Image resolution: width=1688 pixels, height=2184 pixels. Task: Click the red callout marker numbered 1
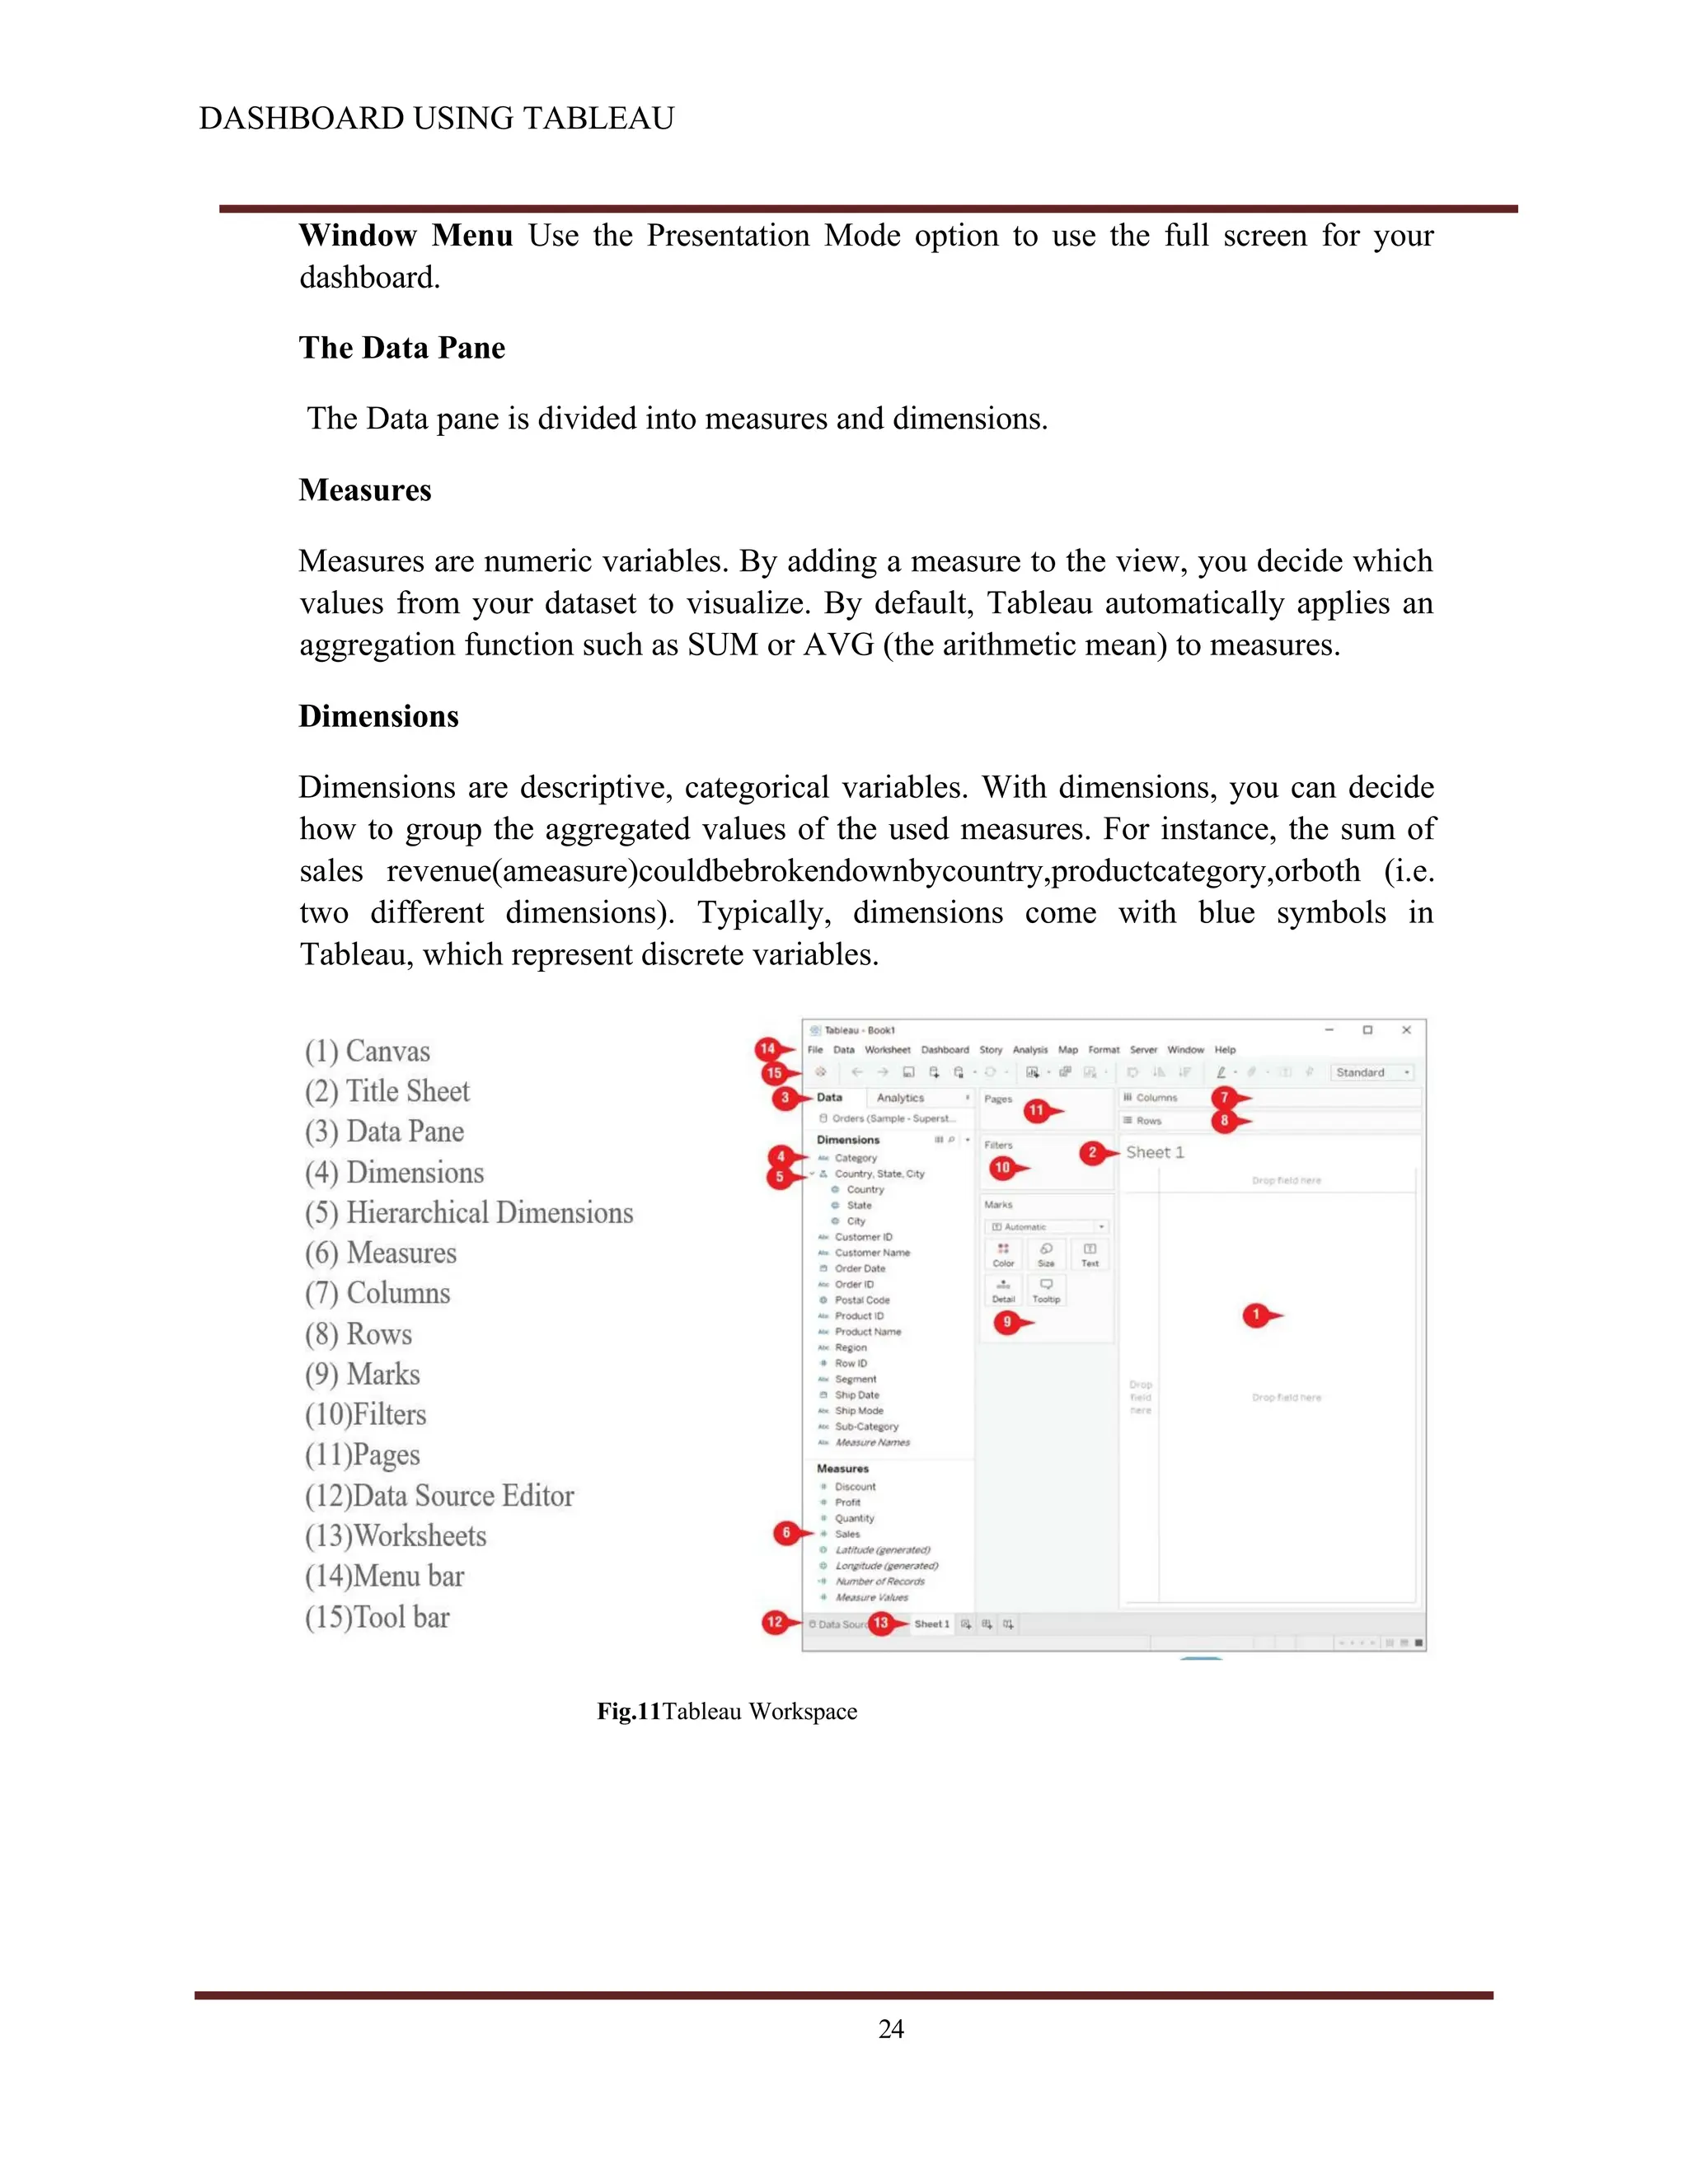click(x=1256, y=1315)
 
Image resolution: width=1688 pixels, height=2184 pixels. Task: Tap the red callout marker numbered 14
click(x=767, y=1049)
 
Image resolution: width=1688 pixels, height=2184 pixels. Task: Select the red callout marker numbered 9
click(x=1007, y=1322)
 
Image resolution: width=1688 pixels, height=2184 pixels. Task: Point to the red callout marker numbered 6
click(x=786, y=1532)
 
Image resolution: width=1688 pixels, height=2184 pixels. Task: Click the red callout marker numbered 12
click(x=775, y=1622)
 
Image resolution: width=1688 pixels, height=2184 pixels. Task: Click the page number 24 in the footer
click(x=891, y=2028)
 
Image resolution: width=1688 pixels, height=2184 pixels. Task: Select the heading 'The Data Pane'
click(x=402, y=348)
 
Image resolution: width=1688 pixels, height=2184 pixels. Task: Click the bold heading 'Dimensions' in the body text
click(x=379, y=716)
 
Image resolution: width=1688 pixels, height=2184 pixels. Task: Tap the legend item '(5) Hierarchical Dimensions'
click(x=469, y=1212)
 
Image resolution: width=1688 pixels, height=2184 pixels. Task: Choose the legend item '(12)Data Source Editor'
click(x=440, y=1495)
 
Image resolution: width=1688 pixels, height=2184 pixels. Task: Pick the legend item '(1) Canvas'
click(x=368, y=1051)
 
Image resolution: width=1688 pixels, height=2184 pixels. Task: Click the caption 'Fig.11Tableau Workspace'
click(x=727, y=1711)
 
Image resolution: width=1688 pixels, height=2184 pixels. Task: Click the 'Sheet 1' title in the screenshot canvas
click(x=1155, y=1152)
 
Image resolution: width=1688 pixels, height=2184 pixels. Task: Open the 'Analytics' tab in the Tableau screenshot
click(x=900, y=1097)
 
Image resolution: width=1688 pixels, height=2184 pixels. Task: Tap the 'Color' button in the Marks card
click(x=1003, y=1253)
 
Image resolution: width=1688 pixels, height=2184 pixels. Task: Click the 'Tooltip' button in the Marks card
click(x=1046, y=1290)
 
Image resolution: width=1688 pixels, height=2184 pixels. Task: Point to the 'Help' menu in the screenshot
click(x=1225, y=1050)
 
